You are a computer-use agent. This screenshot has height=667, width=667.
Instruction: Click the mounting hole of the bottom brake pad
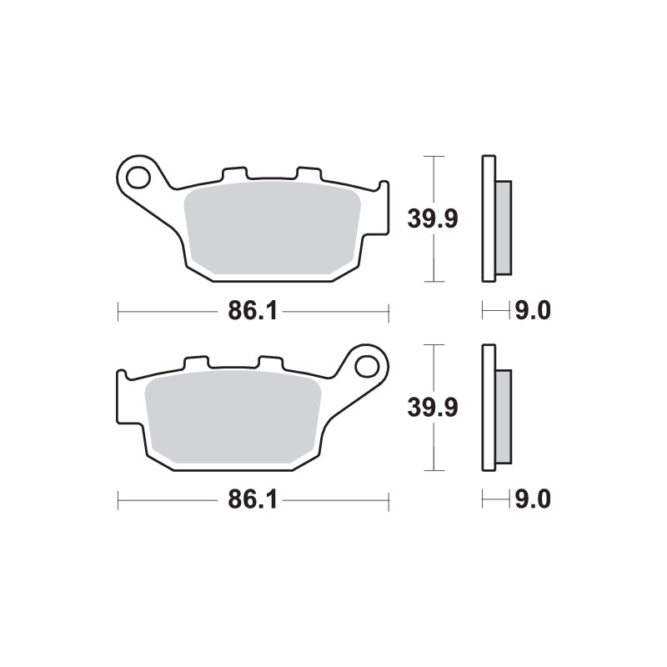click(x=368, y=365)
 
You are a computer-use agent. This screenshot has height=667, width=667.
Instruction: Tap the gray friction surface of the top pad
click(x=271, y=229)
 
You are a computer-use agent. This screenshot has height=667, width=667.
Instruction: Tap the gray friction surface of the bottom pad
click(x=233, y=417)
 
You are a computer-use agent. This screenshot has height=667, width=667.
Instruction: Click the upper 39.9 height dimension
click(x=431, y=219)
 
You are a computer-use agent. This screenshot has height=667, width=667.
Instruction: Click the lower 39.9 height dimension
click(x=431, y=408)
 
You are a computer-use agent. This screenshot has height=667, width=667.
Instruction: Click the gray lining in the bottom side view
click(x=504, y=416)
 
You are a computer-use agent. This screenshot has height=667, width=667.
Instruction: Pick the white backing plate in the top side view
click(x=488, y=219)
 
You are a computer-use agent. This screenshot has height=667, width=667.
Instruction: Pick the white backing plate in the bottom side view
click(x=488, y=408)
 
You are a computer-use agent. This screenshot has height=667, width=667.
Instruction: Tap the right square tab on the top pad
click(x=308, y=173)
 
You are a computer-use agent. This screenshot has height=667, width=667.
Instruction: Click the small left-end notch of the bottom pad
click(x=122, y=375)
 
